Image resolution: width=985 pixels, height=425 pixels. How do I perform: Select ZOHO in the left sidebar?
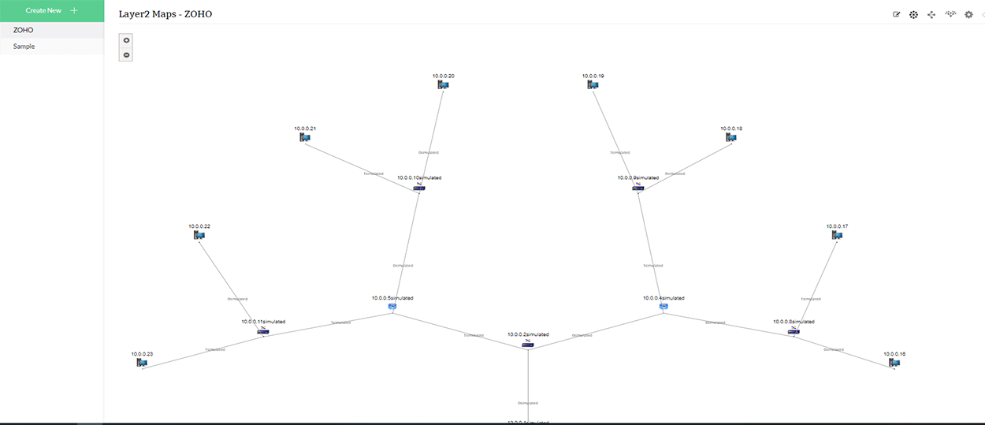(24, 30)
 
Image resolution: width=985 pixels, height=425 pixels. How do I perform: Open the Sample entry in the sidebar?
(24, 47)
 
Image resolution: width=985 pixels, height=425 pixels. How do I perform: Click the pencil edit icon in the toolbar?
(896, 14)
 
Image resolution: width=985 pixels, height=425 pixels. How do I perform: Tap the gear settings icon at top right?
(968, 14)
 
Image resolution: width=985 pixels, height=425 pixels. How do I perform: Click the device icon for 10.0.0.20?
(443, 84)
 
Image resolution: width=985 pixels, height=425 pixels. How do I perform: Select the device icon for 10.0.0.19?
(593, 84)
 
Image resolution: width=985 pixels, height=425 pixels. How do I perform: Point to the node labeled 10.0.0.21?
(305, 137)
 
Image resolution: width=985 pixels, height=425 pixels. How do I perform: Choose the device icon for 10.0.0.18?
(731, 137)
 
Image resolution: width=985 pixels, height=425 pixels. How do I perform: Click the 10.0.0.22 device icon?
(199, 235)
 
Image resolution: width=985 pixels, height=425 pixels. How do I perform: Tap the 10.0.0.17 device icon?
(838, 235)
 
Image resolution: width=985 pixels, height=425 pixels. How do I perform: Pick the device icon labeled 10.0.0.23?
(142, 363)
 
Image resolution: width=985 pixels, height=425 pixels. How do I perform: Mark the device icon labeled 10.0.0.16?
(894, 363)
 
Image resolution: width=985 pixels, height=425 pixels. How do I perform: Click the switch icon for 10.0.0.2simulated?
(528, 344)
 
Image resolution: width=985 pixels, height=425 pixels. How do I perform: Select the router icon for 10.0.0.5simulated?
(392, 307)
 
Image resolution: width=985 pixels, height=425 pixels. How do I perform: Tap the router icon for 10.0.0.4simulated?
(663, 307)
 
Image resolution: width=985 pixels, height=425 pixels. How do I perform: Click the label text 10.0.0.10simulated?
(419, 178)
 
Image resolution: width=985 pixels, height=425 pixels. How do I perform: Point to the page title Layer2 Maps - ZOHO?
(165, 14)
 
